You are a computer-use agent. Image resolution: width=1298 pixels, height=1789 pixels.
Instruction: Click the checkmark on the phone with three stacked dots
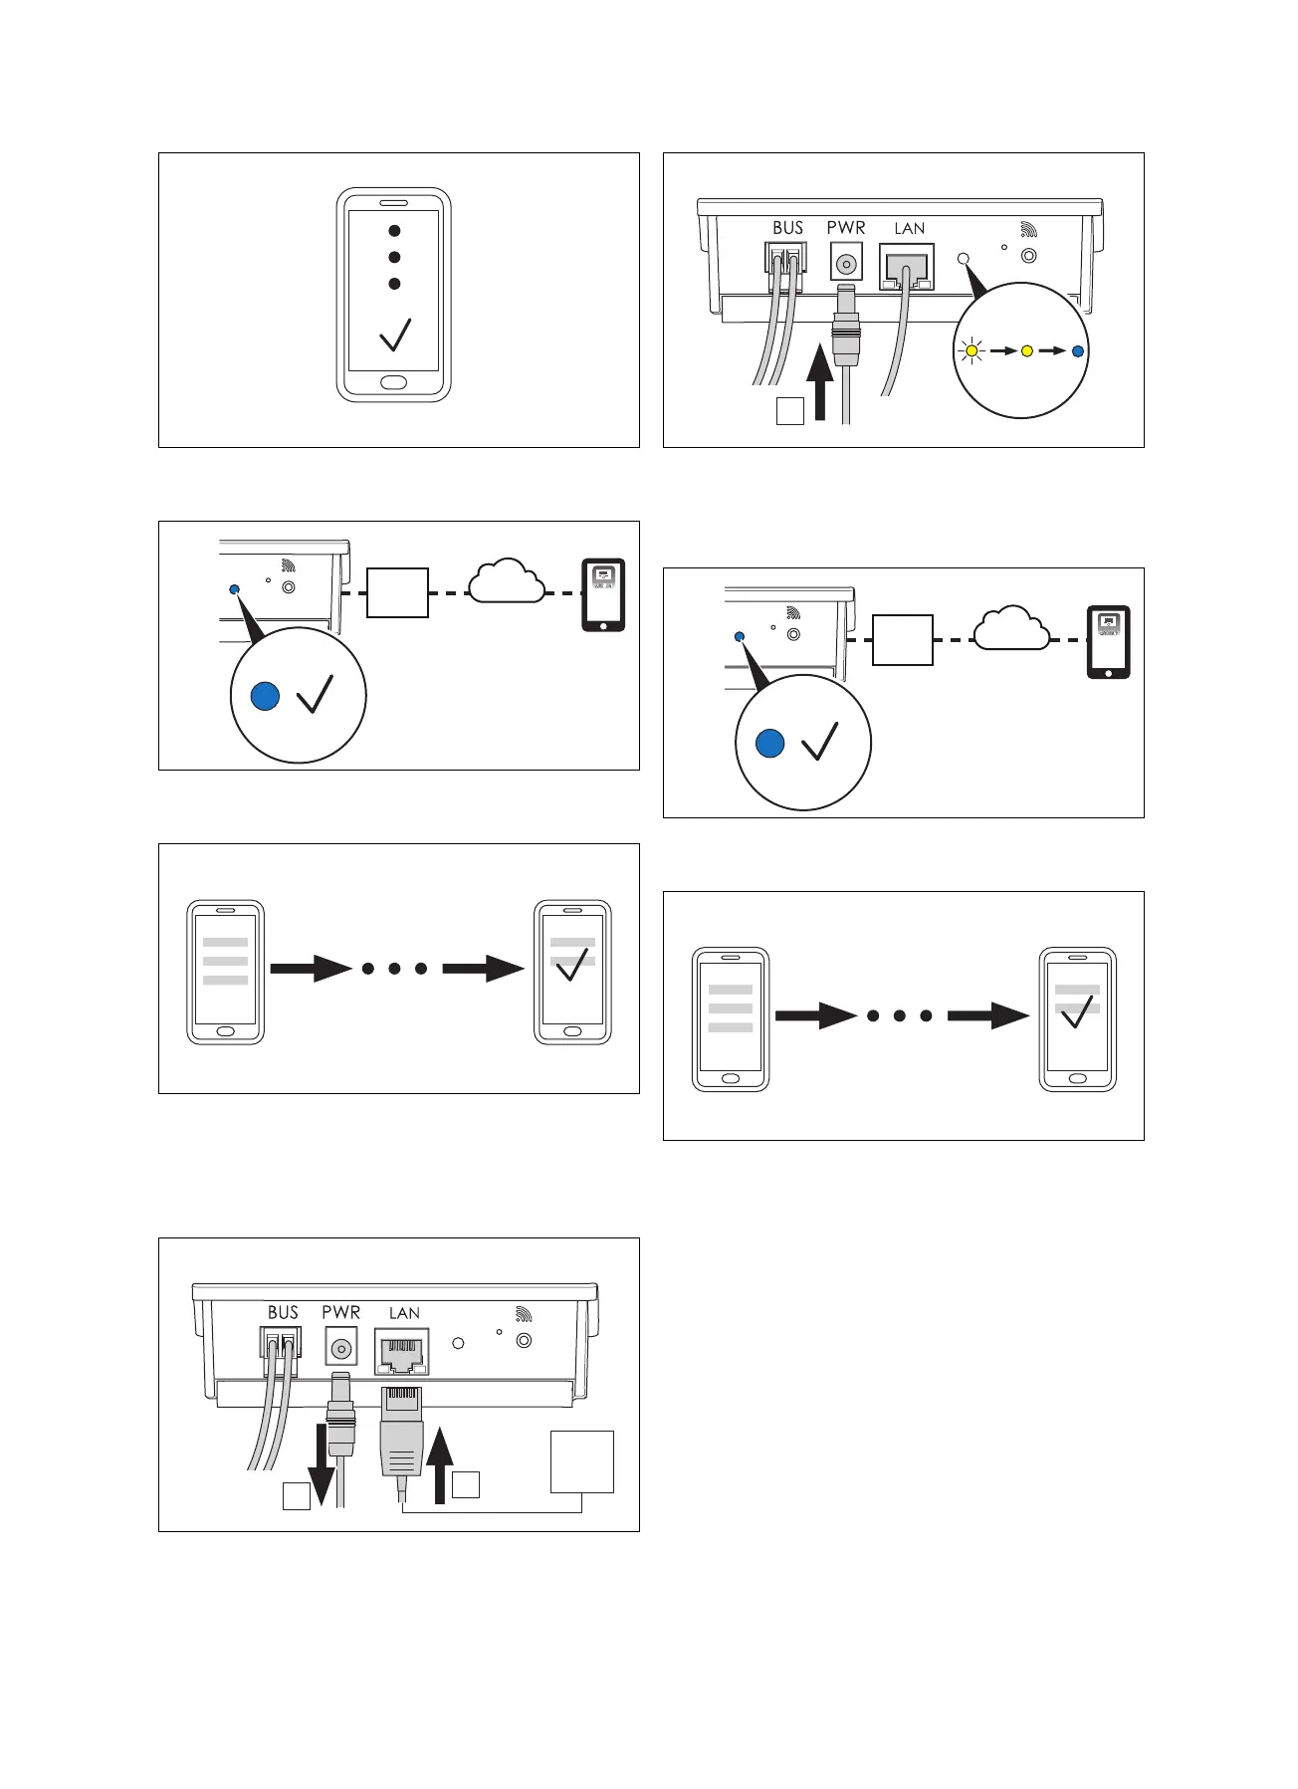[x=395, y=335]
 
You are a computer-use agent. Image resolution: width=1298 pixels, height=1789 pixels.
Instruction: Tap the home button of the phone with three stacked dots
[x=394, y=383]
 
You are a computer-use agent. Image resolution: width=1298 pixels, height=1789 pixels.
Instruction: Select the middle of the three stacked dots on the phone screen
[x=394, y=257]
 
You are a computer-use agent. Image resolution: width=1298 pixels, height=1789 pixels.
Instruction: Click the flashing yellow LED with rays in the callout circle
[x=972, y=350]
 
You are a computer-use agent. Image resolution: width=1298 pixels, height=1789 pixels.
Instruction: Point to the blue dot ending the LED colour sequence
[x=1077, y=350]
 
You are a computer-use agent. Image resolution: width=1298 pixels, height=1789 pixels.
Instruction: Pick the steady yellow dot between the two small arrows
[x=1027, y=350]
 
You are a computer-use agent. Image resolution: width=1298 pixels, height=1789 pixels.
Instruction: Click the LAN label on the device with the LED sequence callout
[x=909, y=228]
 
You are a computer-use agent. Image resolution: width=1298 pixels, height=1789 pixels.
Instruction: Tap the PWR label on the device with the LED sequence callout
[x=846, y=227]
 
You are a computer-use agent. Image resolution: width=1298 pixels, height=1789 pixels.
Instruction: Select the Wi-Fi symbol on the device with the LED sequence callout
[x=1029, y=230]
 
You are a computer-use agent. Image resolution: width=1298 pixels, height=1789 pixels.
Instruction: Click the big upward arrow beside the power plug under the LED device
[x=819, y=382]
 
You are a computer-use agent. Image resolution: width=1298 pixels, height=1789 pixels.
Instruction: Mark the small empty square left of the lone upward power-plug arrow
[x=789, y=411]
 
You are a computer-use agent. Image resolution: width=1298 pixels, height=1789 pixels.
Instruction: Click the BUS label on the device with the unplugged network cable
[x=283, y=1312]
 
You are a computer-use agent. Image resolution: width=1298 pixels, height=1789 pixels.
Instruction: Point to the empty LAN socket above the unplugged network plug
[x=402, y=1352]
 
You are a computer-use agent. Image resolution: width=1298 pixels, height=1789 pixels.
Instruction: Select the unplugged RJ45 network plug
[x=401, y=1435]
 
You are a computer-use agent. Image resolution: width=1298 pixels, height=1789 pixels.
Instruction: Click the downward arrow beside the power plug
[x=322, y=1463]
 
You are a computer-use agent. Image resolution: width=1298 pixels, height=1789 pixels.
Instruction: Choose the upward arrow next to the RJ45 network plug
[x=439, y=1463]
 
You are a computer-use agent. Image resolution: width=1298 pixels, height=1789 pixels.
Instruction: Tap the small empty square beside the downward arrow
[x=297, y=1496]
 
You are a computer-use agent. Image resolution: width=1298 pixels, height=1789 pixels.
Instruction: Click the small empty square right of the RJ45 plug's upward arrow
[x=466, y=1484]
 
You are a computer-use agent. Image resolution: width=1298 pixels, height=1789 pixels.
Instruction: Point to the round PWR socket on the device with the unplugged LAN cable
[x=341, y=1350]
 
